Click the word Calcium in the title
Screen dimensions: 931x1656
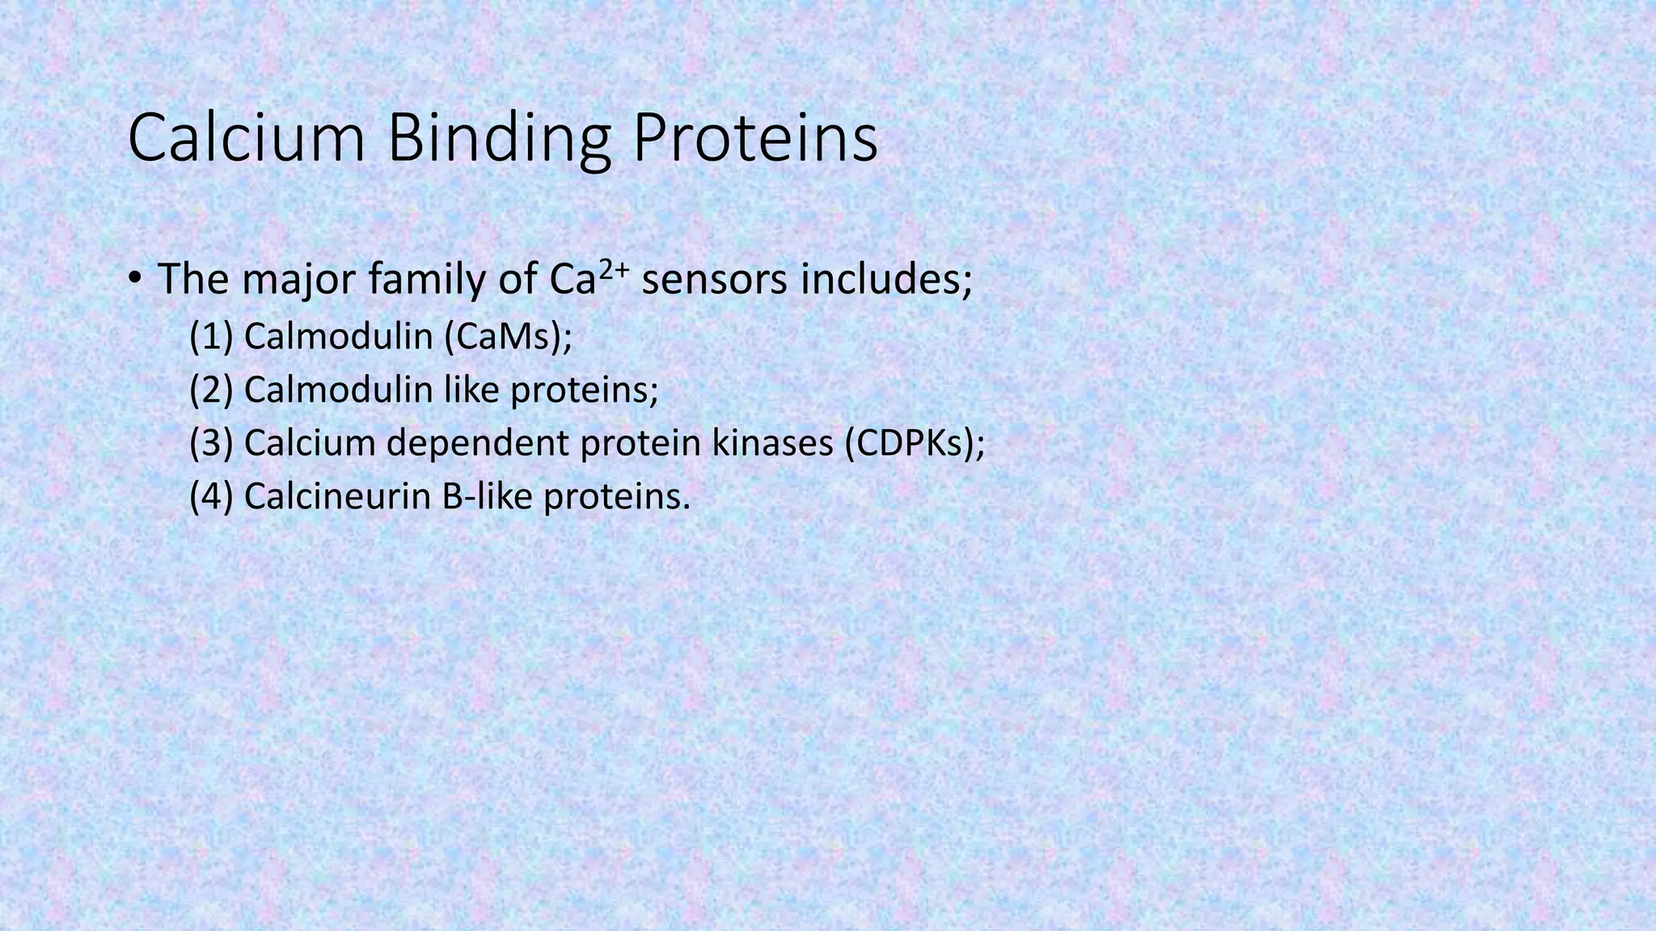coord(247,139)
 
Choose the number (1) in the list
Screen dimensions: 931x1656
coord(211,336)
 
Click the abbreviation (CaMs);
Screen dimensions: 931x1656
coord(508,336)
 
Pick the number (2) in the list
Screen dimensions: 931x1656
coord(211,390)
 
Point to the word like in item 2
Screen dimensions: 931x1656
coord(472,390)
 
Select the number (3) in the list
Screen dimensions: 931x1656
coord(211,443)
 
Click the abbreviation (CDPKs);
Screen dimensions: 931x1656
coord(915,443)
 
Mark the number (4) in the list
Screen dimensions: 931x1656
coord(211,496)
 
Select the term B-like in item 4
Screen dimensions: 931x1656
coord(487,496)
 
